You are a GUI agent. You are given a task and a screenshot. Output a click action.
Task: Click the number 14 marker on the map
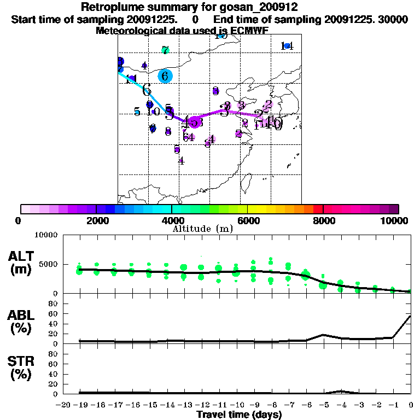click(x=287, y=46)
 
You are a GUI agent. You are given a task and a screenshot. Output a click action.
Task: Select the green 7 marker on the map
click(x=165, y=50)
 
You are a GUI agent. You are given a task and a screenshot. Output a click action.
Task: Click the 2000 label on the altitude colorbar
click(x=96, y=220)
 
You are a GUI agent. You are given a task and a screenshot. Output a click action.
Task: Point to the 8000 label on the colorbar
click(x=323, y=220)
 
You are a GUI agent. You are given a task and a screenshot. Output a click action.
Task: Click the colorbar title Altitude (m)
click(x=202, y=229)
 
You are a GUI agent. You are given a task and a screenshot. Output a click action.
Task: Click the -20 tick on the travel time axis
click(x=63, y=405)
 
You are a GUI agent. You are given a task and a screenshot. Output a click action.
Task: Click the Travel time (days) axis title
click(x=239, y=415)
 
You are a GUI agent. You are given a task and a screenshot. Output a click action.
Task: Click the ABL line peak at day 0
click(x=410, y=316)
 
